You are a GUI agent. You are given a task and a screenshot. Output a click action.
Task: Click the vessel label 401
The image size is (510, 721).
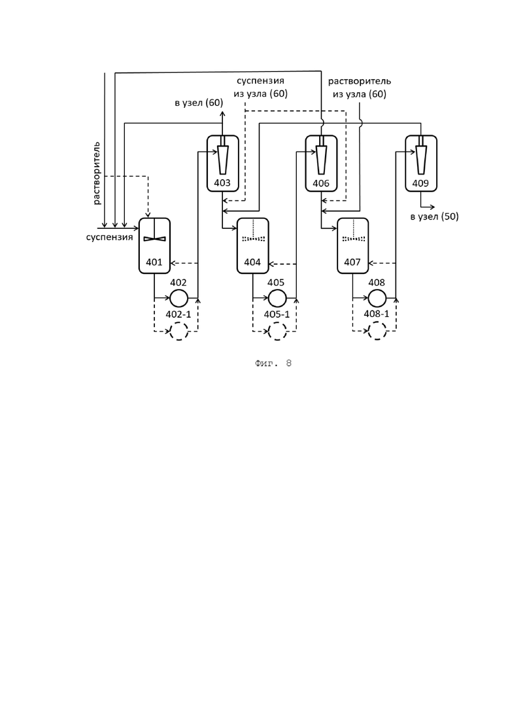pyautogui.click(x=154, y=262)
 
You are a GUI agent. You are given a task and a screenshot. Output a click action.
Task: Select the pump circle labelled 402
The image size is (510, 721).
pyautogui.click(x=178, y=299)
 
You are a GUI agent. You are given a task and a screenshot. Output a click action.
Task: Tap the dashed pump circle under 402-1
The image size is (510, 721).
pyautogui.click(x=178, y=331)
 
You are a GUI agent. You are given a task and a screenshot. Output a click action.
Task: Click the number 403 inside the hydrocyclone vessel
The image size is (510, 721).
pyautogui.click(x=222, y=183)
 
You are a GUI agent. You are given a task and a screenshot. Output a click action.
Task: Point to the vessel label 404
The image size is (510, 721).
pyautogui.click(x=252, y=262)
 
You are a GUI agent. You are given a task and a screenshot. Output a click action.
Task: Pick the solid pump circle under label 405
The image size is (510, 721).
pyautogui.click(x=277, y=299)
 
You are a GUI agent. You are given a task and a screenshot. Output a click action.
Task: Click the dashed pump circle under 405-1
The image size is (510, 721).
pyautogui.click(x=277, y=331)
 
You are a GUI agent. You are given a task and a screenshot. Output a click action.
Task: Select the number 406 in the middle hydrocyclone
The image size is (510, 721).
pyautogui.click(x=321, y=184)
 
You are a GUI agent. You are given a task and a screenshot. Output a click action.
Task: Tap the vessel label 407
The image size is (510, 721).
pyautogui.click(x=352, y=262)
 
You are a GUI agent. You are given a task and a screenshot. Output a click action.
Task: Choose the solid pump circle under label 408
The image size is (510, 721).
pyautogui.click(x=377, y=299)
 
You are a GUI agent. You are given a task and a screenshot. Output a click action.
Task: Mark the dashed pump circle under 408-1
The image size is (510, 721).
pyautogui.click(x=377, y=331)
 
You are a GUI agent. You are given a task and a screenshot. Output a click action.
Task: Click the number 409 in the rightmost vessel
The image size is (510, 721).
pyautogui.click(x=420, y=184)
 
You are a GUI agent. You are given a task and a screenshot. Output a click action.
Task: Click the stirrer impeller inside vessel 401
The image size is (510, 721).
pyautogui.click(x=154, y=239)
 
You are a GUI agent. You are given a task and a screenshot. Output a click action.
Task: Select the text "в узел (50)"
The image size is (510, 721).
pyautogui.click(x=435, y=216)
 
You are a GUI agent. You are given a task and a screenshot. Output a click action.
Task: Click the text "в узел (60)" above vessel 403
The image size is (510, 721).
pyautogui.click(x=199, y=103)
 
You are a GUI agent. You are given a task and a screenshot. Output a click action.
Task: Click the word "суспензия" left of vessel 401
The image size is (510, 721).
pyautogui.click(x=109, y=237)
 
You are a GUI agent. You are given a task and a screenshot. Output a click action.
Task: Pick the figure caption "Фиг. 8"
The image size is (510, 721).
pyautogui.click(x=273, y=363)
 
